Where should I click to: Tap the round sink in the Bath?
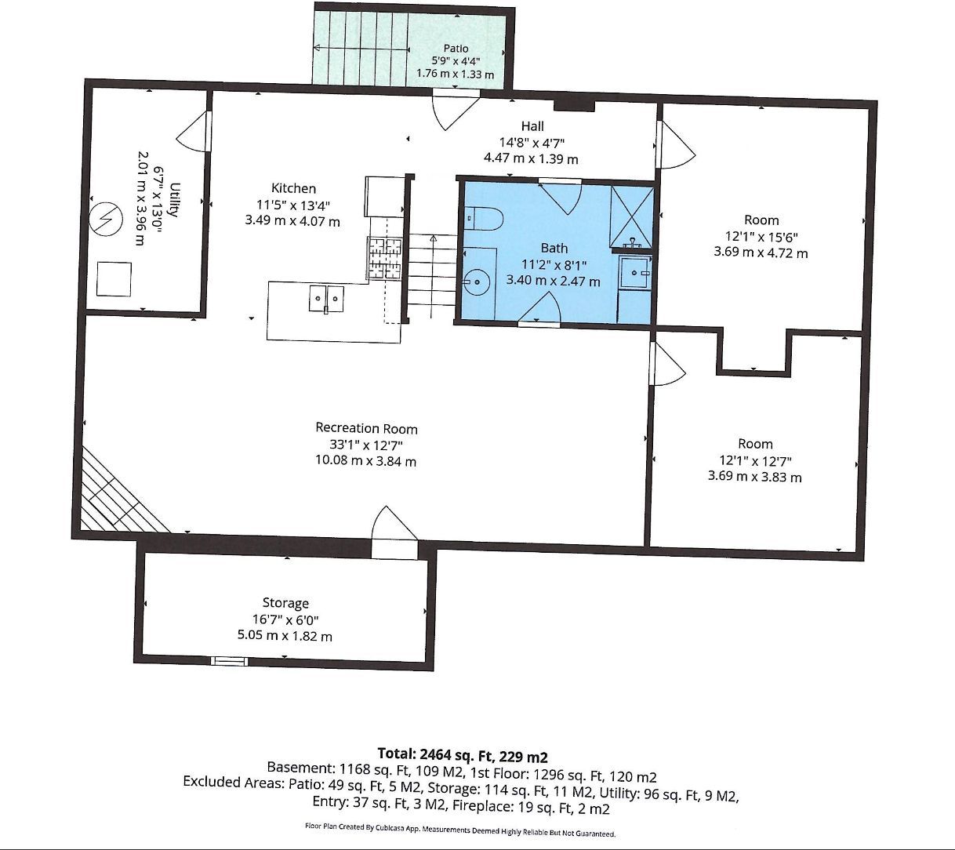[x=477, y=282]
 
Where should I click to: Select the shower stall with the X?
[x=632, y=217]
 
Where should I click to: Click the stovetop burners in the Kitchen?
[x=385, y=258]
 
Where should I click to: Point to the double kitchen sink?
[x=326, y=299]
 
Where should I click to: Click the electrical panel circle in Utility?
[x=106, y=220]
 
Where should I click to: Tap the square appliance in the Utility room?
[x=114, y=279]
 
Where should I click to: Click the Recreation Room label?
[x=366, y=428]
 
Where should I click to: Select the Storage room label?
[x=285, y=603]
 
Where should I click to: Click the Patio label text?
[x=456, y=48]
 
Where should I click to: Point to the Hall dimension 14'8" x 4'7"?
[x=532, y=143]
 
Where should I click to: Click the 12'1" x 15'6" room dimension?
[x=761, y=236]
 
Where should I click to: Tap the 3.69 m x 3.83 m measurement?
[x=754, y=476]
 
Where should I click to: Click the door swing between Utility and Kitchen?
[x=193, y=132]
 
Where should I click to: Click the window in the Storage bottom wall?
[x=229, y=661]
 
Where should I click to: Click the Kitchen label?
[x=293, y=188]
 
